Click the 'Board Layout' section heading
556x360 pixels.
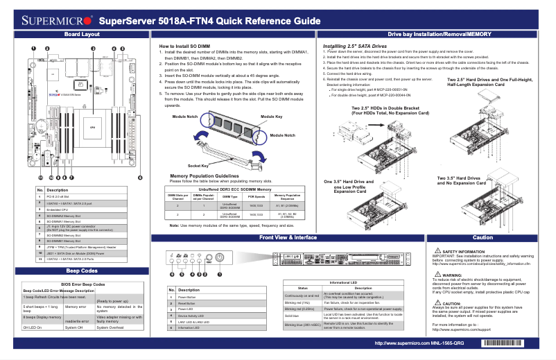point(81,34)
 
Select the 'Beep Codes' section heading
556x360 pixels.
point(81,270)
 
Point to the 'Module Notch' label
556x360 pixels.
point(186,117)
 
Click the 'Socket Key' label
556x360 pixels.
point(198,166)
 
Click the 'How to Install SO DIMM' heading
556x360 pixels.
point(182,46)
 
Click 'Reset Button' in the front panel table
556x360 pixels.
point(188,303)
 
